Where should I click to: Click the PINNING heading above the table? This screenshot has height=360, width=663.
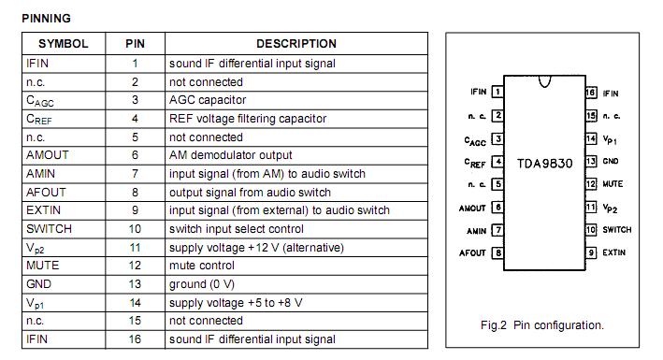[46, 19]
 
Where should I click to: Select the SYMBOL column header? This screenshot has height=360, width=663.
[63, 44]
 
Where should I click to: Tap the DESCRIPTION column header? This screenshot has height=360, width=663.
[295, 44]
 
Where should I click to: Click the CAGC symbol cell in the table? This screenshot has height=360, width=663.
[41, 101]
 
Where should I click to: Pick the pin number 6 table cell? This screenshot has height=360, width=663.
[135, 155]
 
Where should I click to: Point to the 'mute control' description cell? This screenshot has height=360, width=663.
[201, 266]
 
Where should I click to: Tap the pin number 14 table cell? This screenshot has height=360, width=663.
[135, 303]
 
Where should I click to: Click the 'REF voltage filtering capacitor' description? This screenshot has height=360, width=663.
[248, 119]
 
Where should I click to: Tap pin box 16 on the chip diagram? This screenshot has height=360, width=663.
[591, 93]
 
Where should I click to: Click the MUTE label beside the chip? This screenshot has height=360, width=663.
[613, 184]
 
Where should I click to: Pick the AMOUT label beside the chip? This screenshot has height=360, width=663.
[472, 208]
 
